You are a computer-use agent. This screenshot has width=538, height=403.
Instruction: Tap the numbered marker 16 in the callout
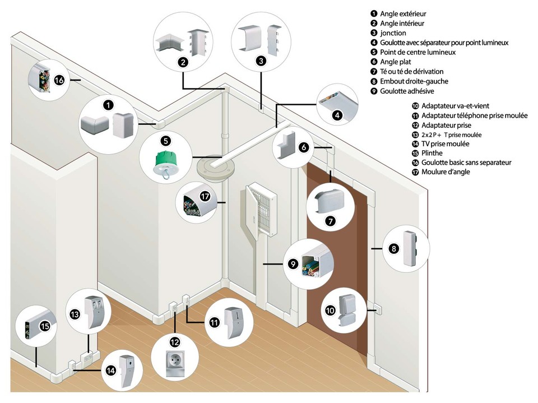[59, 80]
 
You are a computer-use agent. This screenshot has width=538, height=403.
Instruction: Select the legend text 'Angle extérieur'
[403, 13]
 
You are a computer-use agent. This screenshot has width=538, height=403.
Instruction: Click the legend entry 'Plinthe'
[432, 153]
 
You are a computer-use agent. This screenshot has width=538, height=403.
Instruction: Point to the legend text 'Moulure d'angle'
[446, 172]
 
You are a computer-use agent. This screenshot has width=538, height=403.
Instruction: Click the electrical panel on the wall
[262, 209]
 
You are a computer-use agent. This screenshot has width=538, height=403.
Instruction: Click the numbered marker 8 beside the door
[393, 248]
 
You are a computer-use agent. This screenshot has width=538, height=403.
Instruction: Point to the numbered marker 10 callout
[330, 311]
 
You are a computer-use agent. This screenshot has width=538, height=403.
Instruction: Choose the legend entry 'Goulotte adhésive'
[407, 91]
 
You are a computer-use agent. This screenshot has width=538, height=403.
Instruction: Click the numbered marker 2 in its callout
[184, 62]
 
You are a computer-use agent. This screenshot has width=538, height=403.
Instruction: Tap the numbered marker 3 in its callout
[261, 61]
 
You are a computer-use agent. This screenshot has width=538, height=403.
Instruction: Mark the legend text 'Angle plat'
[395, 62]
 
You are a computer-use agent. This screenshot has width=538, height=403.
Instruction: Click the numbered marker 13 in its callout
[75, 314]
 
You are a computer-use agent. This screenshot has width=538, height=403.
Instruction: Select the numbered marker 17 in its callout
[205, 196]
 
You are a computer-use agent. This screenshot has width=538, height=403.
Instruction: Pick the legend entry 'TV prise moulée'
[445, 144]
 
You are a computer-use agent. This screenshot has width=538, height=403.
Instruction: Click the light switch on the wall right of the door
[377, 309]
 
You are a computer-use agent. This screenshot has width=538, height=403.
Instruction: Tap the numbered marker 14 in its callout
[110, 370]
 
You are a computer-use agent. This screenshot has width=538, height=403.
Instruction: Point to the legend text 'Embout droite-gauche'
[414, 81]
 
